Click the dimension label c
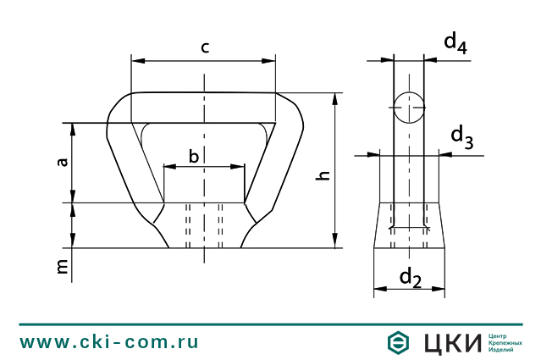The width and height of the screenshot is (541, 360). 204,47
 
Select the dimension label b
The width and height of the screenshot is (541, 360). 194,156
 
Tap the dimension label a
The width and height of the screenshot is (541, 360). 62,161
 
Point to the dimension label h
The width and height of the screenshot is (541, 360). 322,174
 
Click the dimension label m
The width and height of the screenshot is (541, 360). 62,267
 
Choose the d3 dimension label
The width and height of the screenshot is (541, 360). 461,136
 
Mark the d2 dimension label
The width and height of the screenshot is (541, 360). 410,276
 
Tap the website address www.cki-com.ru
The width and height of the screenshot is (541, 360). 109,342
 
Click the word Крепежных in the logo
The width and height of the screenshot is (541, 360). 505,342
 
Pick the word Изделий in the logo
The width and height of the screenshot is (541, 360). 501,349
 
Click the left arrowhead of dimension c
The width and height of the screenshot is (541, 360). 138,61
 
